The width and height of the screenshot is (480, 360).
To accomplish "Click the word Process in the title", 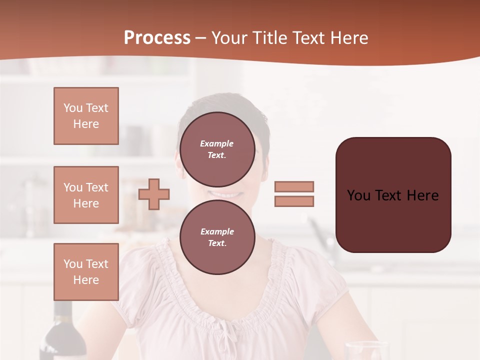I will coord(157,38).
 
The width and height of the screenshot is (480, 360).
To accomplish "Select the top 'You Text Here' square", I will coord(86,116).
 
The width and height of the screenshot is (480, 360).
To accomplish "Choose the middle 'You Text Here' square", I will coord(86,195).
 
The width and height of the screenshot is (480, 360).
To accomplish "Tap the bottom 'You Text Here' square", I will coord(86,271).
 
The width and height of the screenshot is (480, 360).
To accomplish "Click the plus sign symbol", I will coord(154,193).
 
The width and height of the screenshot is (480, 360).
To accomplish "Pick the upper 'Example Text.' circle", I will coord(217,149).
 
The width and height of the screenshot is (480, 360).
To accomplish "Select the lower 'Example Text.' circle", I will coord(217,237).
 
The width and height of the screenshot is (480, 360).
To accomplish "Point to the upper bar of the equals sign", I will coord(294,186).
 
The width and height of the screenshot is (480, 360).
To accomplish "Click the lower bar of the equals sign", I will coord(294,201).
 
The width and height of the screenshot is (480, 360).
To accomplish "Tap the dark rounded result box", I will coord(393,195).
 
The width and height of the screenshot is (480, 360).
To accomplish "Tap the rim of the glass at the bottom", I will coord(367,344).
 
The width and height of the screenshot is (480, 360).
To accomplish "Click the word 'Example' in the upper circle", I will coord(217,143).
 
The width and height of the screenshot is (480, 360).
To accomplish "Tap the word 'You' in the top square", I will coord(73,108).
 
